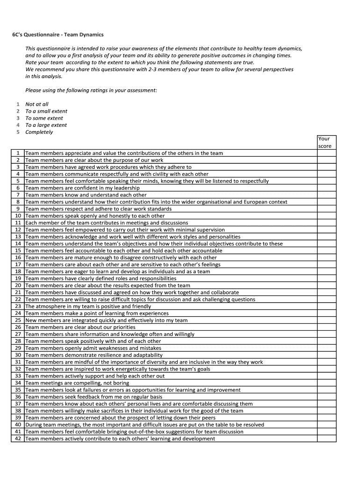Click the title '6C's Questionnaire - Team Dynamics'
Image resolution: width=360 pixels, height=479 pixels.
pyautogui.click(x=58, y=35)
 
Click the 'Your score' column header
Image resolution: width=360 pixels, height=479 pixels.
pyautogui.click(x=324, y=142)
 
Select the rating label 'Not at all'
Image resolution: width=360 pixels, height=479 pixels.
pyautogui.click(x=37, y=104)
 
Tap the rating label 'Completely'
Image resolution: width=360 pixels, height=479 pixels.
pyautogui.click(x=39, y=132)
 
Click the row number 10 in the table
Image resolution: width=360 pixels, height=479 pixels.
pyautogui.click(x=18, y=216)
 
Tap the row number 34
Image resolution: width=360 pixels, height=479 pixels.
pyautogui.click(x=18, y=383)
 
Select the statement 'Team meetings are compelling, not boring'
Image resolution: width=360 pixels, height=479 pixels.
pyautogui.click(x=77, y=383)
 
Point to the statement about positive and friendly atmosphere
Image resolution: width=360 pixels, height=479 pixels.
pyautogui.click(x=88, y=306)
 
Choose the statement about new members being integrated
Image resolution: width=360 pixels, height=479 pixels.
pyautogui.click(x=106, y=320)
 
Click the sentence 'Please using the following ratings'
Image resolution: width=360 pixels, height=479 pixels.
pyautogui.click(x=91, y=90)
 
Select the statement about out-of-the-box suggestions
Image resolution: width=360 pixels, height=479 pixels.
pyautogui.click(x=134, y=432)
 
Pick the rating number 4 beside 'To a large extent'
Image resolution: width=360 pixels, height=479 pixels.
pyautogui.click(x=18, y=125)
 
